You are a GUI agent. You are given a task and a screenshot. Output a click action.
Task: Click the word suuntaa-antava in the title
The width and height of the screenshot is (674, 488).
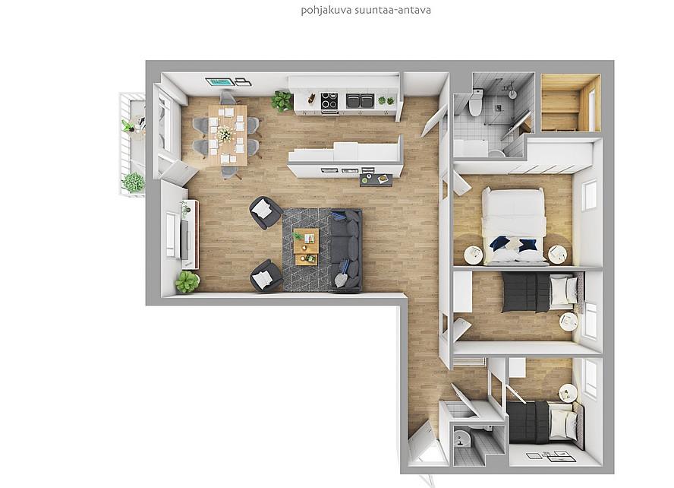pyautogui.click(x=393, y=10)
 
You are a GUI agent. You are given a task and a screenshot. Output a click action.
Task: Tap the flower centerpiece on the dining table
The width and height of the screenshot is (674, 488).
pyautogui.click(x=224, y=134)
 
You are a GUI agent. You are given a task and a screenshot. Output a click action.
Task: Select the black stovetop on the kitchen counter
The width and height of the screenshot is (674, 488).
pyautogui.click(x=329, y=101)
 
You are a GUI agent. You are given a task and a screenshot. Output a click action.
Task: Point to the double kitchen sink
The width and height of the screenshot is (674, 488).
pyautogui.click(x=360, y=102)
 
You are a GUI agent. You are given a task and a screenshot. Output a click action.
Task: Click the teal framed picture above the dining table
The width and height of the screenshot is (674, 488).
pyautogui.click(x=219, y=82)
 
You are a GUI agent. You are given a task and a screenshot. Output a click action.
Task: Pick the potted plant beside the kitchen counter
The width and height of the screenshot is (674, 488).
pyautogui.click(x=282, y=100)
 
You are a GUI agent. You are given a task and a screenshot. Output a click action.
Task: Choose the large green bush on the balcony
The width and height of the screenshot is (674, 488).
pyautogui.click(x=133, y=182)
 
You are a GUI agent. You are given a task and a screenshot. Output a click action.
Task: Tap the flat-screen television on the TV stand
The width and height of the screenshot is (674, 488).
pyautogui.click(x=185, y=239)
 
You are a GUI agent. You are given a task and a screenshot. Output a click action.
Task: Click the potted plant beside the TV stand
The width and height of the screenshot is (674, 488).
pyautogui.click(x=187, y=282)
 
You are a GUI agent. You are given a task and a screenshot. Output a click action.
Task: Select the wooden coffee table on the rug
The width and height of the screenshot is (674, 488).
pyautogui.click(x=306, y=246)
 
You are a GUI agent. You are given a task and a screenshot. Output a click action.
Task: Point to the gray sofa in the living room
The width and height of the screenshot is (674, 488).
pyautogui.click(x=345, y=249)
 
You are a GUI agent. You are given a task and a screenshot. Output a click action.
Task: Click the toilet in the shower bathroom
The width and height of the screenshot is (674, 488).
pyautogui.click(x=475, y=103)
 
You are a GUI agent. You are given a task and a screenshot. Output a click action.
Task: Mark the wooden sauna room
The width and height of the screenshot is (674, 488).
pyautogui.click(x=571, y=103)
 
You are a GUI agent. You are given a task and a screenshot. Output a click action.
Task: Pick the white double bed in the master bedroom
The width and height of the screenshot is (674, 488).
pyautogui.click(x=514, y=226)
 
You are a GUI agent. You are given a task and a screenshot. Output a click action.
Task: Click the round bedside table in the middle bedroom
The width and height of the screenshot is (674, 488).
pyautogui.click(x=568, y=322)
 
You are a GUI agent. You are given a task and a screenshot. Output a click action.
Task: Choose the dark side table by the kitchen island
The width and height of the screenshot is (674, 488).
pyautogui.click(x=376, y=180)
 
